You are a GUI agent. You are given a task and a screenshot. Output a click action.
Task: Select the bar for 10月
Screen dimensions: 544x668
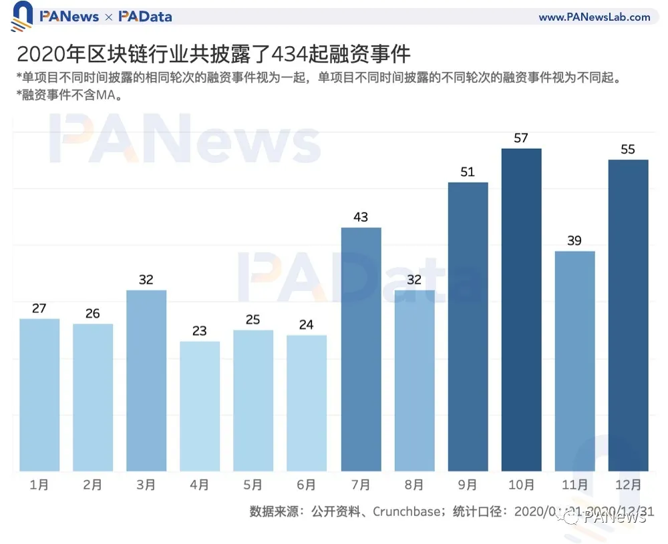point(521,310)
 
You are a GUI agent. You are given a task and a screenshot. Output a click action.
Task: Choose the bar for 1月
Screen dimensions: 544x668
point(39,394)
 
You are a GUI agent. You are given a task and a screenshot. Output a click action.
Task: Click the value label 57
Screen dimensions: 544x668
point(521,138)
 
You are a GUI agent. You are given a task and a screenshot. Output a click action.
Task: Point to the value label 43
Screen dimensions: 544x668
point(361,217)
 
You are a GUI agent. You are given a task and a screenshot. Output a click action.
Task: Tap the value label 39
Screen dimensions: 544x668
point(574,240)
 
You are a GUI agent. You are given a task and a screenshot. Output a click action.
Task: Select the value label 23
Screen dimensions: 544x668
point(200,330)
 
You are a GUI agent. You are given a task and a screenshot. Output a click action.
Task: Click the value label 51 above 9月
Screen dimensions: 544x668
point(468,172)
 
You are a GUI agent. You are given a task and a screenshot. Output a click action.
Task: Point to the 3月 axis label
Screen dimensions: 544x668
point(146,485)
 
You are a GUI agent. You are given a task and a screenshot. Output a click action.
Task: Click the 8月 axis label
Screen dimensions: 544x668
point(414,485)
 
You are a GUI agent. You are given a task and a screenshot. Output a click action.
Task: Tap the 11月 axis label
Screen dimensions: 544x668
point(574,485)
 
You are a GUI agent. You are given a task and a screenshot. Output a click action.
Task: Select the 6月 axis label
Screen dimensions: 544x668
point(307,485)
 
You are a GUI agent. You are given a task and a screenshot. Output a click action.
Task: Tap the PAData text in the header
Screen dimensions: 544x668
point(145,17)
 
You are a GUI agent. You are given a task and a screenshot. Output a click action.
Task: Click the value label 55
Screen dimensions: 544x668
point(628,149)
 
